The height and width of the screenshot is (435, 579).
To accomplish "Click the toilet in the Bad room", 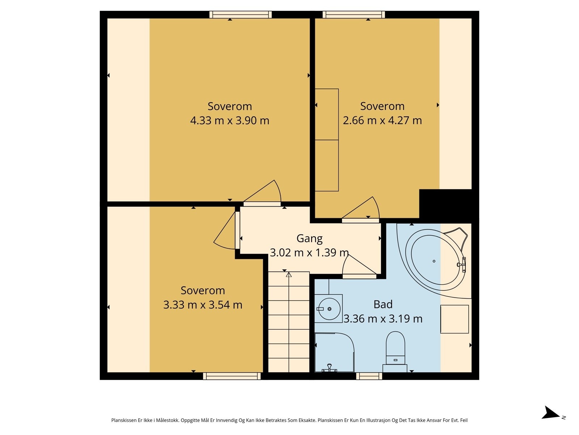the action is (395, 352).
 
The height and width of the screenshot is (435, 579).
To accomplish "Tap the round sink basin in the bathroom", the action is (329, 309).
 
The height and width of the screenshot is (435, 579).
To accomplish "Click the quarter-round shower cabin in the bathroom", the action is (334, 352).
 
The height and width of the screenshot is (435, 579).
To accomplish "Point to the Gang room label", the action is (309, 239).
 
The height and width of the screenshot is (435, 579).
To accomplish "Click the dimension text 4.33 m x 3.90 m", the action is (229, 121).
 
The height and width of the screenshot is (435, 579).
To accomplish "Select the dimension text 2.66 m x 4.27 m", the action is (382, 120).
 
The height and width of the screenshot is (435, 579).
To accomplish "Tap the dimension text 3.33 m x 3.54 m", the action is (203, 305).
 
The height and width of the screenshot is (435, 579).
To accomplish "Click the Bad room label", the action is (383, 304).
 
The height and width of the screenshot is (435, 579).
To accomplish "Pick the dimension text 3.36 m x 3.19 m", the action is (383, 319).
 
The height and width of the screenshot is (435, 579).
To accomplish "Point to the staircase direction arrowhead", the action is (289, 274).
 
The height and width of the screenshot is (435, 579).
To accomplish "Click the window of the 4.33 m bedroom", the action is (241, 15).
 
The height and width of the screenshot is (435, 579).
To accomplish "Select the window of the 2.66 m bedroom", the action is (354, 15).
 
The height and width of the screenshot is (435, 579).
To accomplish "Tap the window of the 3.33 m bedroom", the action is (232, 376).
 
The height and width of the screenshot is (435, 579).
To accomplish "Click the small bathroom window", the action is (369, 376).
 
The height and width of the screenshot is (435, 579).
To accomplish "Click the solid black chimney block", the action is (448, 206).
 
